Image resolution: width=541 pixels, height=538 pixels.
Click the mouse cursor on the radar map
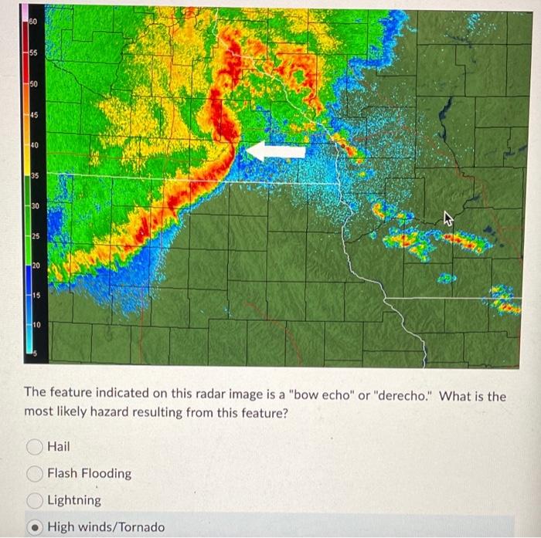(x=447, y=220)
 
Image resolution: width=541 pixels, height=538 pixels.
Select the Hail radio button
(x=34, y=446)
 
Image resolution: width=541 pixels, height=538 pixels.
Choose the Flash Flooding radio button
(x=34, y=473)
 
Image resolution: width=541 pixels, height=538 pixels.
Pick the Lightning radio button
(x=34, y=500)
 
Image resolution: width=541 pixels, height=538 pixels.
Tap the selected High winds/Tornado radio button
(x=34, y=527)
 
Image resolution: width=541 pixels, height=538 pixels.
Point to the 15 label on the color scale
(x=33, y=296)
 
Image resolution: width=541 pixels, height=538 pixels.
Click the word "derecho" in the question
(x=404, y=396)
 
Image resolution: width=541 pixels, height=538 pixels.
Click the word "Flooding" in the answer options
(x=104, y=473)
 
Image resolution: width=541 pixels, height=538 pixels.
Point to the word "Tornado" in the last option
(x=140, y=527)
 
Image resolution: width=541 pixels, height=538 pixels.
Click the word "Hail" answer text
(x=58, y=446)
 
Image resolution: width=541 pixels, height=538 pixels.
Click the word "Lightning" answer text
(x=74, y=500)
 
